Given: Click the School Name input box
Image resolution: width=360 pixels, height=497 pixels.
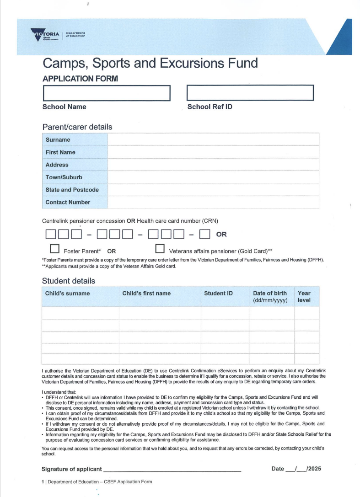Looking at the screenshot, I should click(106, 93).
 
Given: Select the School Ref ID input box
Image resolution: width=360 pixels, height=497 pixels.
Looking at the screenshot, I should click(250, 93).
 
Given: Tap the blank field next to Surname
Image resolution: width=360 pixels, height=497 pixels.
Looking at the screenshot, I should click(213, 140).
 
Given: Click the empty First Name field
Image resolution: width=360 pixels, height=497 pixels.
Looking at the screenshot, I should click(213, 152).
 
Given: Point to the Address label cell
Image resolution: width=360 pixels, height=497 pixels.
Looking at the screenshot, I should click(75, 165).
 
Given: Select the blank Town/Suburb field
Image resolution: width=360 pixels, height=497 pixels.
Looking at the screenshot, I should click(213, 177).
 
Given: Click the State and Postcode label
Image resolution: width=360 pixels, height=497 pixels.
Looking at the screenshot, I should click(72, 190).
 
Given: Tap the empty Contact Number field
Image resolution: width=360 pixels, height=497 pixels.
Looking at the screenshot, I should click(213, 202).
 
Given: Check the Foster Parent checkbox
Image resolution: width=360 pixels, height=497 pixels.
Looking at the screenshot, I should click(55, 249).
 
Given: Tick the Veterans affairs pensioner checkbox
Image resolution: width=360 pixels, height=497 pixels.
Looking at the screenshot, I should click(160, 249).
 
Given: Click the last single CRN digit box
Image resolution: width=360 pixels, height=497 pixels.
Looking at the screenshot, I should click(204, 235).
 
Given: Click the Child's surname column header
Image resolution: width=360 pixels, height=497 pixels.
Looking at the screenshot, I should click(68, 294).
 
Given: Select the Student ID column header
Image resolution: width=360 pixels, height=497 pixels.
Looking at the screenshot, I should click(218, 294).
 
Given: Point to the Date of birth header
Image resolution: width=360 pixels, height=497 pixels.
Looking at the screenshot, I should click(270, 294).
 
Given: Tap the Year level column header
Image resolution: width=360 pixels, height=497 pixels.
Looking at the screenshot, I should click(304, 297).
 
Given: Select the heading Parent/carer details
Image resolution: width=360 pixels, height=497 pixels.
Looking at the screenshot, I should click(77, 127).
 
